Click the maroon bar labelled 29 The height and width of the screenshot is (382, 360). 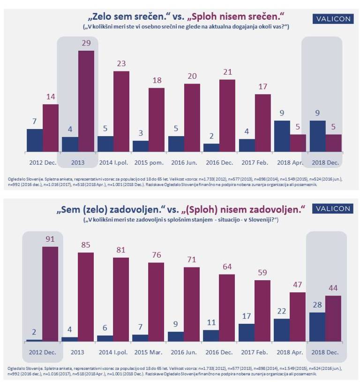86,101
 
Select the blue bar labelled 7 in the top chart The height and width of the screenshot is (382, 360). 34,140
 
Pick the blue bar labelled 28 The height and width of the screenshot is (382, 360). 317,327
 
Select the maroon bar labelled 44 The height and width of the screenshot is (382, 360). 333,318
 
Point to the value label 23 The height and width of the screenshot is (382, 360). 121,63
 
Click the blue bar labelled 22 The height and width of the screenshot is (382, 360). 282,330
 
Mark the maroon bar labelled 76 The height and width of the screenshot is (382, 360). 157,302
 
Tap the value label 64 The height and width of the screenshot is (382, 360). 227,266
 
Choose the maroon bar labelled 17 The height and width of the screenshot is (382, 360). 262,123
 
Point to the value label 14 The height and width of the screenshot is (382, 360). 50,96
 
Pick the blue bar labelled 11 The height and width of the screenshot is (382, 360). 211,336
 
